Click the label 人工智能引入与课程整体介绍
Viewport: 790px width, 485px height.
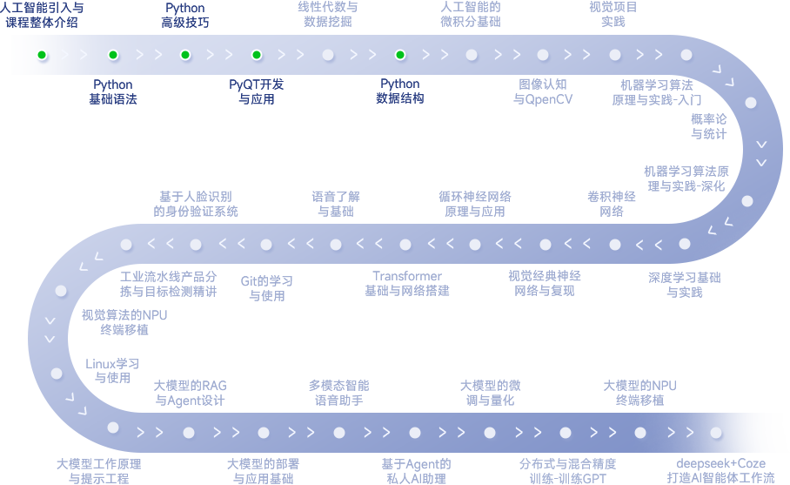[x=42, y=15]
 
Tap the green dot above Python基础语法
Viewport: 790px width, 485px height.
[x=113, y=55]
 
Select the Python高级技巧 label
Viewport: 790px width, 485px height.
[x=185, y=15]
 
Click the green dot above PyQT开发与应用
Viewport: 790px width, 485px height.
[x=257, y=55]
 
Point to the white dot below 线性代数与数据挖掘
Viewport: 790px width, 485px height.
[x=328, y=55]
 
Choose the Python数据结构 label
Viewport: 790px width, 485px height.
[x=400, y=91]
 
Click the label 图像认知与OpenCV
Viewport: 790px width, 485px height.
[x=543, y=91]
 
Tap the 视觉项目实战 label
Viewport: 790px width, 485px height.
[x=613, y=14]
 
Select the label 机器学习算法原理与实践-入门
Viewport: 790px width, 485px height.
[x=657, y=91]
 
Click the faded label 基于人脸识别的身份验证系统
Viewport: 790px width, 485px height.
[x=196, y=204]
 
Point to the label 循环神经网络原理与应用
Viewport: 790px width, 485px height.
[x=474, y=204]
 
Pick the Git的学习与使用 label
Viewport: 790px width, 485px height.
[x=266, y=288]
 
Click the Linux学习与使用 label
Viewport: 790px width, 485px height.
[x=112, y=370]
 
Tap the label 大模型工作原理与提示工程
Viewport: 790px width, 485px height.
[x=98, y=471]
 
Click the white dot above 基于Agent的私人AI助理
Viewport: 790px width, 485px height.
[x=415, y=433]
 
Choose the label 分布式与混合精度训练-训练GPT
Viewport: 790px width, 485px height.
[x=568, y=471]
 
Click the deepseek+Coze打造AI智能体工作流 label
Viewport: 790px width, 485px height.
[x=720, y=471]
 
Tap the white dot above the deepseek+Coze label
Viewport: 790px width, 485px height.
[x=716, y=433]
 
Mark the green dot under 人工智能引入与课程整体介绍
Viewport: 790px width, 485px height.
[x=42, y=55]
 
